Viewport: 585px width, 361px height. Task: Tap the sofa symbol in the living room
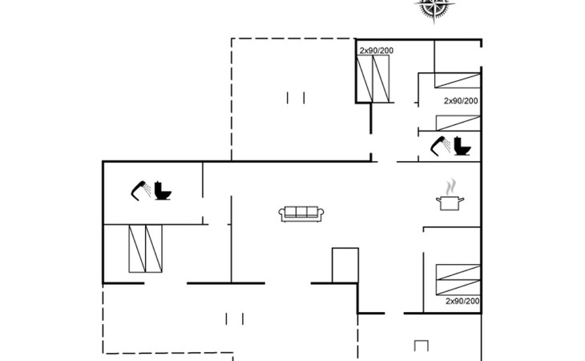[x=301, y=213]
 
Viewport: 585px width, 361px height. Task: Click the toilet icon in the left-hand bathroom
[x=163, y=191]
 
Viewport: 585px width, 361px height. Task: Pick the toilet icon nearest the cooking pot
[x=463, y=147]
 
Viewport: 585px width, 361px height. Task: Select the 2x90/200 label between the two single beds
[x=461, y=100]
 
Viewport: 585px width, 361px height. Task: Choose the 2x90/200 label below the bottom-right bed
[x=462, y=301]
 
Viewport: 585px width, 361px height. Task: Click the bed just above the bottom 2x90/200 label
[x=458, y=278]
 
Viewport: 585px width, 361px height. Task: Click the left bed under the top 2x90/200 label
[x=366, y=79]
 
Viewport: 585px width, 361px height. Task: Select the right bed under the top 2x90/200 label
[x=384, y=79]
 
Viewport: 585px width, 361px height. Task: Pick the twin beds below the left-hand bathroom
[x=145, y=249]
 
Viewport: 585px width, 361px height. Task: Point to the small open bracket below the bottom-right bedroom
[x=422, y=346]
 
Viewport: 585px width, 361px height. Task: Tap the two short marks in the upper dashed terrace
[x=296, y=98]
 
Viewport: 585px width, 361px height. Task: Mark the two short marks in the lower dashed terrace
[x=235, y=319]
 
